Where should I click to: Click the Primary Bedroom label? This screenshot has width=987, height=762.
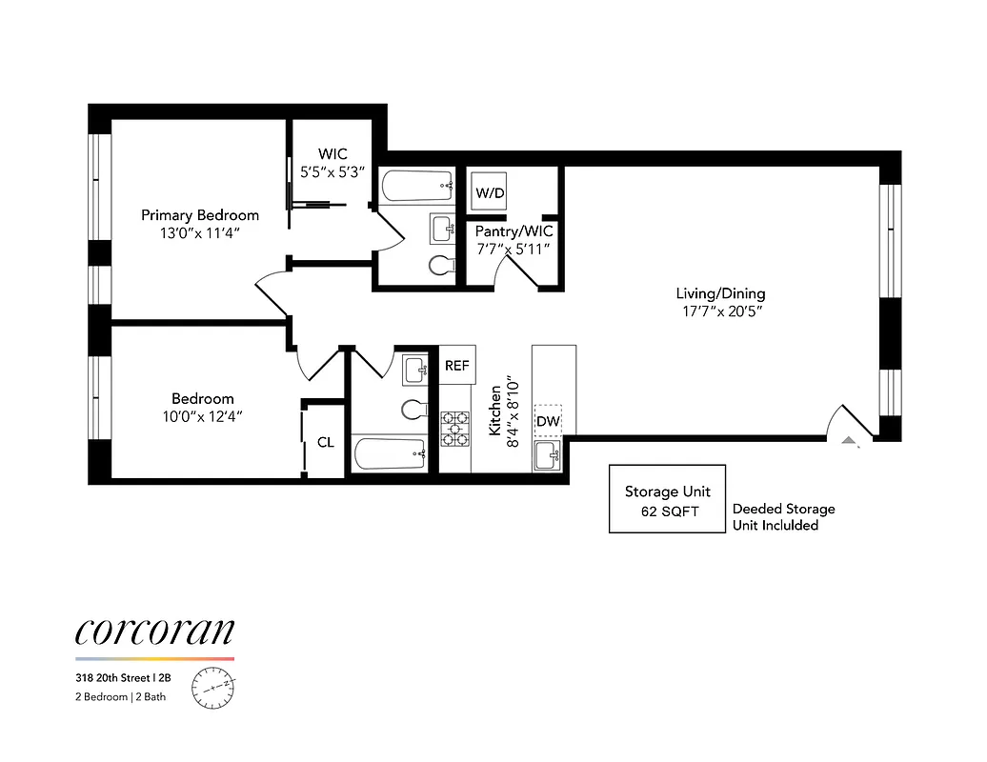tap(200, 214)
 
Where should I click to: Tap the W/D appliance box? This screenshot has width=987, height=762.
tap(490, 193)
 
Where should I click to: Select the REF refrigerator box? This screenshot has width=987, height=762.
tap(457, 365)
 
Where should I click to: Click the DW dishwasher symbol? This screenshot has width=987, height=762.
tap(548, 420)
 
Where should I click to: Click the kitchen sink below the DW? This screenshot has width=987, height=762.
tap(548, 455)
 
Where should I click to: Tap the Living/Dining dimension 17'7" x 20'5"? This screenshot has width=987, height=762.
tap(720, 311)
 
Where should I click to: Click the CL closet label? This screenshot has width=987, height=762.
tap(326, 442)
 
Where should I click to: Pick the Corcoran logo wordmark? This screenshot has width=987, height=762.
tap(154, 632)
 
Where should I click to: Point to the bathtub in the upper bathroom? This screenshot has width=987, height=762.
tap(416, 185)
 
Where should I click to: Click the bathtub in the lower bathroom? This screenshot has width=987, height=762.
tap(391, 453)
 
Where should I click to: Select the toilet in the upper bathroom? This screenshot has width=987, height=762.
tap(441, 265)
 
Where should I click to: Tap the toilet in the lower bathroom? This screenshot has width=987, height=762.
tap(413, 410)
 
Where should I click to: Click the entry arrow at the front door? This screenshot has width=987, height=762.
tap(847, 439)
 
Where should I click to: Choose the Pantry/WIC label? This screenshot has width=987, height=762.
tap(514, 231)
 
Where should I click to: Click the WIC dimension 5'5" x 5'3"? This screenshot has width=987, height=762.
tap(332, 172)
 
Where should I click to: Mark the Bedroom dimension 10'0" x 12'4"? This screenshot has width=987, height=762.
tap(202, 415)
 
